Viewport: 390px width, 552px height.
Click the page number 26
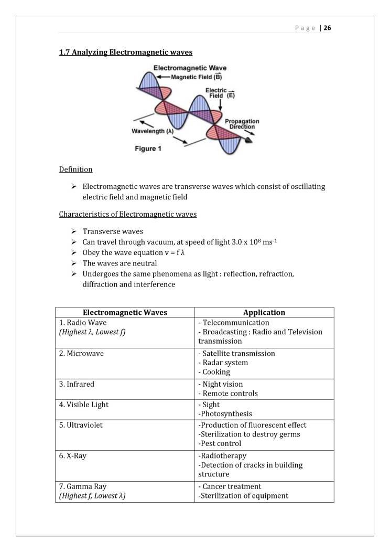pos(327,28)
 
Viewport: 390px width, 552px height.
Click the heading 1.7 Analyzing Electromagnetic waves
pos(125,52)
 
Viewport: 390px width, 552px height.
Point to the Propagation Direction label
pos(242,124)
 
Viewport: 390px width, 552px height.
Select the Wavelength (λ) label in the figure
pos(152,131)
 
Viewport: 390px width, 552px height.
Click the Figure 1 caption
pos(148,148)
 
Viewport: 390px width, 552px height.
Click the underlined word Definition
pos(75,169)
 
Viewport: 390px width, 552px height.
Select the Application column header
pos(264,312)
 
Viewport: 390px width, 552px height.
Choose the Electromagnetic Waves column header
pos(125,312)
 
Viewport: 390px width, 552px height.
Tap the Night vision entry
pos(222,384)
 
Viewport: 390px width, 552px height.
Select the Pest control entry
pos(220,443)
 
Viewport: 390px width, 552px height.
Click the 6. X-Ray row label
pos(73,455)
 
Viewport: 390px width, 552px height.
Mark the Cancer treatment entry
pos(231,486)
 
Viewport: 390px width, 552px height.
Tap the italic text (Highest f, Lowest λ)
pos(92,495)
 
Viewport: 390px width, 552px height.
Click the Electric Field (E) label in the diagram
pos(216,93)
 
